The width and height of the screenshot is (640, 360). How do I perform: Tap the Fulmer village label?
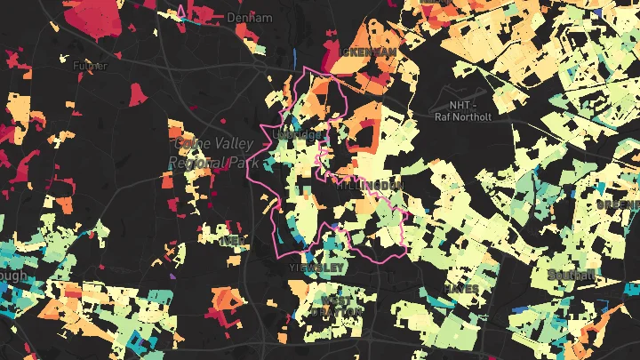coord(89,64)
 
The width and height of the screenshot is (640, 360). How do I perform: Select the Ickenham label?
coord(368,53)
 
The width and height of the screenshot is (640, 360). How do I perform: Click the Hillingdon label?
coord(371,185)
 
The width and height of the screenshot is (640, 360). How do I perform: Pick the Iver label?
coord(233,240)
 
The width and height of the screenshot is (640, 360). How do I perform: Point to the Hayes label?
coord(462,289)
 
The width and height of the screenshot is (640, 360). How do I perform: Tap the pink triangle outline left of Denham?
coord(183,12)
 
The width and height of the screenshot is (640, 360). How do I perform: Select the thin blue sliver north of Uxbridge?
coord(293,55)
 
